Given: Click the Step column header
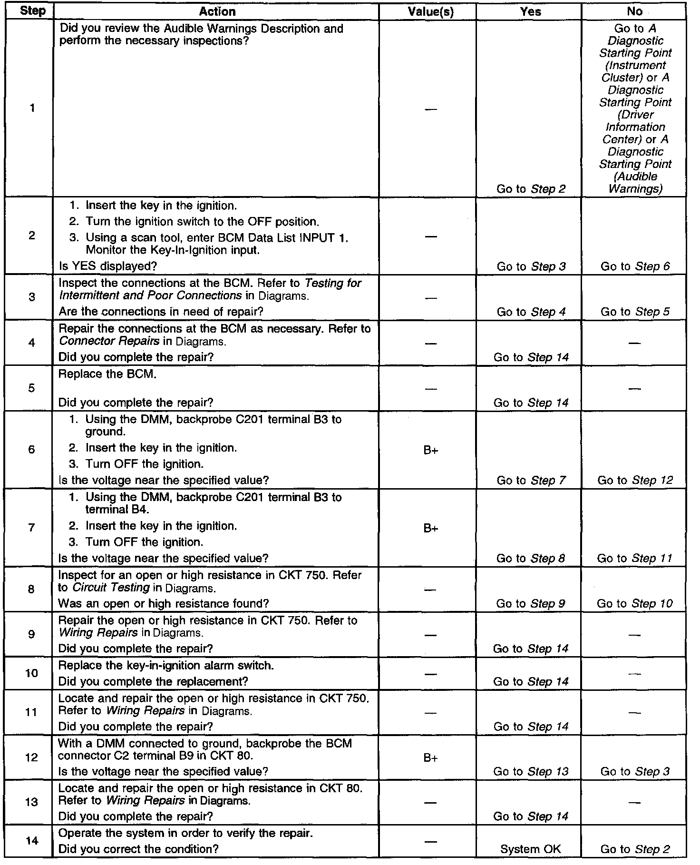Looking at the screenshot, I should (32, 11).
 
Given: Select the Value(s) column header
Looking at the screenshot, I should (430, 12).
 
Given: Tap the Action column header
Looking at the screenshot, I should (217, 11).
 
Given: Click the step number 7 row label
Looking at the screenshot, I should (31, 527).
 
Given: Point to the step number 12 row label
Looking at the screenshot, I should (31, 757).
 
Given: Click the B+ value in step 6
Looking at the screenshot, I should (430, 450).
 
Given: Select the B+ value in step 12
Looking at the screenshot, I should (430, 758).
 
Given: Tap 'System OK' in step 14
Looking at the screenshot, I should (530, 849).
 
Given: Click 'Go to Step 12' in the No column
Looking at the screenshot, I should (635, 480).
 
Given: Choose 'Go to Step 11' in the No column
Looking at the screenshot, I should (634, 558).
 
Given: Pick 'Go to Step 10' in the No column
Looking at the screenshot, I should (634, 603).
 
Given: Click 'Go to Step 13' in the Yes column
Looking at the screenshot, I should (531, 771).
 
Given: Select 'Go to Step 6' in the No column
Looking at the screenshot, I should (635, 266).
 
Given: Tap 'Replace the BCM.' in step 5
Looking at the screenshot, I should (107, 374).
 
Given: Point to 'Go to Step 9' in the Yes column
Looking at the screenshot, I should (531, 603).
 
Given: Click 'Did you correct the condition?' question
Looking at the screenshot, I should (138, 849).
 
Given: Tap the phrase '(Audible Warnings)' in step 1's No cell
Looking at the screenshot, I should (635, 182).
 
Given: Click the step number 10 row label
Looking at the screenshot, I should (31, 673).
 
